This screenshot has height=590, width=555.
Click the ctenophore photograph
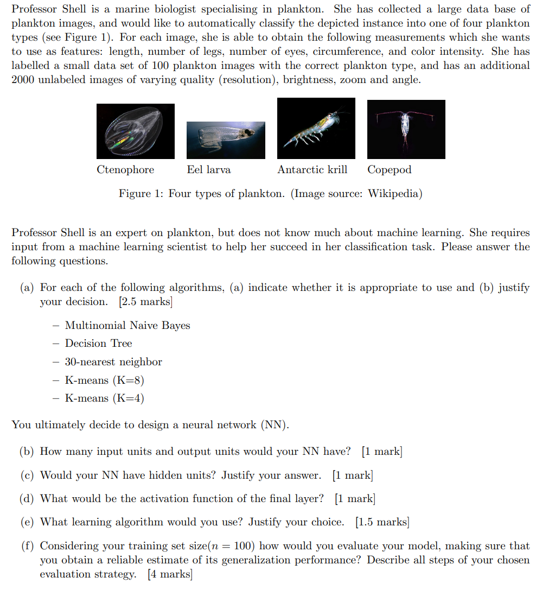click(136, 131)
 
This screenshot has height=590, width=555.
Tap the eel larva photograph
click(226, 139)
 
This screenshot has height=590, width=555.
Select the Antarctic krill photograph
click(316, 128)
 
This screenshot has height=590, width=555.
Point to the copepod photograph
click(406, 129)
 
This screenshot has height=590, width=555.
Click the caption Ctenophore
click(125, 170)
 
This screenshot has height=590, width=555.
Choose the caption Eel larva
click(209, 170)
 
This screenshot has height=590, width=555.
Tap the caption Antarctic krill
click(312, 170)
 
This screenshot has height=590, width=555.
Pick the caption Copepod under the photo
click(390, 170)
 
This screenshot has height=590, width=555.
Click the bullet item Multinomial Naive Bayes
click(127, 326)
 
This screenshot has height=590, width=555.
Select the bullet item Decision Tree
click(99, 344)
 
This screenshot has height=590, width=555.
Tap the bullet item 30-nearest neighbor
click(113, 362)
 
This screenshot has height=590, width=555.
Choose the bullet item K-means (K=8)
click(105, 380)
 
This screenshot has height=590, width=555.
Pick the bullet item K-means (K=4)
click(105, 398)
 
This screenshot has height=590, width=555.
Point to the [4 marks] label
click(170, 574)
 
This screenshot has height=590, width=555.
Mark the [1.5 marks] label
click(382, 522)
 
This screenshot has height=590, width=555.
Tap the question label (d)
click(28, 499)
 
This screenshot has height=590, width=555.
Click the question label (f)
click(27, 546)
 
